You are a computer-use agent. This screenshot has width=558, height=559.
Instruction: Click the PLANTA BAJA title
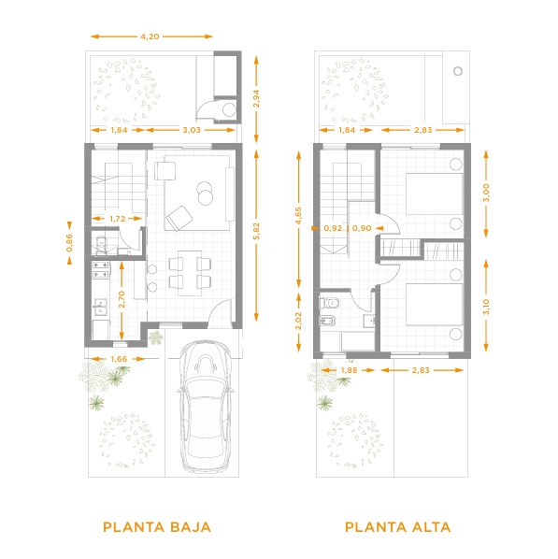pyautogui.click(x=157, y=527)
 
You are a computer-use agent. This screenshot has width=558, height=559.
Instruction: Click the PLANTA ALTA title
pyautogui.click(x=397, y=527)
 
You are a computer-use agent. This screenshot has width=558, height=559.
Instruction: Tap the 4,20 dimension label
pyautogui.click(x=150, y=36)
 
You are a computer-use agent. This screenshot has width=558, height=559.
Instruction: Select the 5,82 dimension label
pyautogui.click(x=257, y=231)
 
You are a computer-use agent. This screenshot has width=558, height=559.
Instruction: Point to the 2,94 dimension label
pyautogui.click(x=256, y=99)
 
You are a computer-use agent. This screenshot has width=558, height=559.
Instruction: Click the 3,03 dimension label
pyautogui.click(x=192, y=130)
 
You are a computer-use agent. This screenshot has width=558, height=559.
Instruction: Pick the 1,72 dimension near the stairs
pyautogui.click(x=118, y=219)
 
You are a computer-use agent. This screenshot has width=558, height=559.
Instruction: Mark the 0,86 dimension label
pyautogui.click(x=69, y=243)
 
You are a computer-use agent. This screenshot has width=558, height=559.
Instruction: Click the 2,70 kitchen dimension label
pyautogui.click(x=122, y=299)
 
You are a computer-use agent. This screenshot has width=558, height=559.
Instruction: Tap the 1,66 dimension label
pyautogui.click(x=119, y=359)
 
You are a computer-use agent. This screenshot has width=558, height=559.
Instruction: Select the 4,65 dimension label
pyautogui.click(x=298, y=216)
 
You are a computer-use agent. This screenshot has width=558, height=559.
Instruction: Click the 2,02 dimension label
pyautogui.click(x=298, y=321)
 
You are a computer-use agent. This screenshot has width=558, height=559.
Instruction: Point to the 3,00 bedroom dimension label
pyautogui.click(x=486, y=193)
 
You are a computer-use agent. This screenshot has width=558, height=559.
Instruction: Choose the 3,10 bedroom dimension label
pyautogui.click(x=486, y=307)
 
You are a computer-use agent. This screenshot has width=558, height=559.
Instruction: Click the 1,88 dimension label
pyautogui.click(x=349, y=370)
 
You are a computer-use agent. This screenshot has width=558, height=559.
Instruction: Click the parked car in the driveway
pyautogui.click(x=206, y=407)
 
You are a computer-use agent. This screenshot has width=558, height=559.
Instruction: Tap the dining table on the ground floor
pyautogui.click(x=190, y=273)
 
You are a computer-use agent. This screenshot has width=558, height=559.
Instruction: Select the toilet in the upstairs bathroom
pyautogui.click(x=329, y=303)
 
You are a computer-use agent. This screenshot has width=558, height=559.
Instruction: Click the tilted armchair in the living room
pyautogui.click(x=179, y=218)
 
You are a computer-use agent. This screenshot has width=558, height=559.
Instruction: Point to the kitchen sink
pyautogui.click(x=101, y=308)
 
